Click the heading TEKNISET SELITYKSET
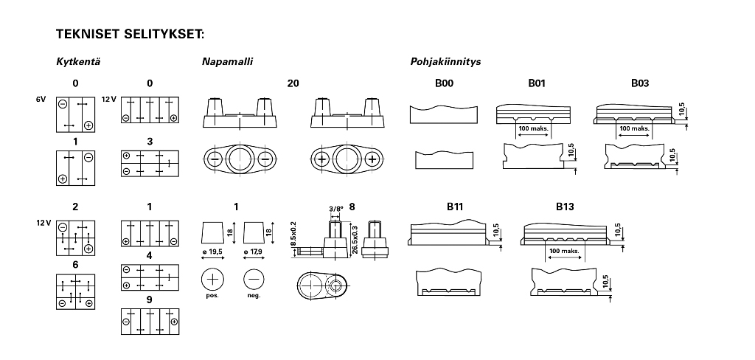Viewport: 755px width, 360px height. [x=130, y=34]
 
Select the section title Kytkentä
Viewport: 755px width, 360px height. [x=78, y=62]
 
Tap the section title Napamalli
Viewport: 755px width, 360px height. [x=227, y=62]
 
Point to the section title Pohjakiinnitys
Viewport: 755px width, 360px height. [x=445, y=62]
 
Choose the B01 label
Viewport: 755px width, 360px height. [x=536, y=84]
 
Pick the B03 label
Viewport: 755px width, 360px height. [x=639, y=84]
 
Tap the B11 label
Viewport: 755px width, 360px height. [x=454, y=207]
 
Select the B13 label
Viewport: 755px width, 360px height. [x=564, y=207]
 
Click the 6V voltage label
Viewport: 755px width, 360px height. [x=41, y=99]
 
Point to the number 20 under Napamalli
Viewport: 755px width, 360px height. [x=293, y=84]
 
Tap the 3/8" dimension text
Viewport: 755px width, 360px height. [x=335, y=209]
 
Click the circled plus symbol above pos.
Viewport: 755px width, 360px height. [x=212, y=280]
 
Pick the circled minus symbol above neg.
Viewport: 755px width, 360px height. [x=254, y=280]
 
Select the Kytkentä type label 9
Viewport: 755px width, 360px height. [x=149, y=300]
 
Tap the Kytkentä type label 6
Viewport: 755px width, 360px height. [x=75, y=264]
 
